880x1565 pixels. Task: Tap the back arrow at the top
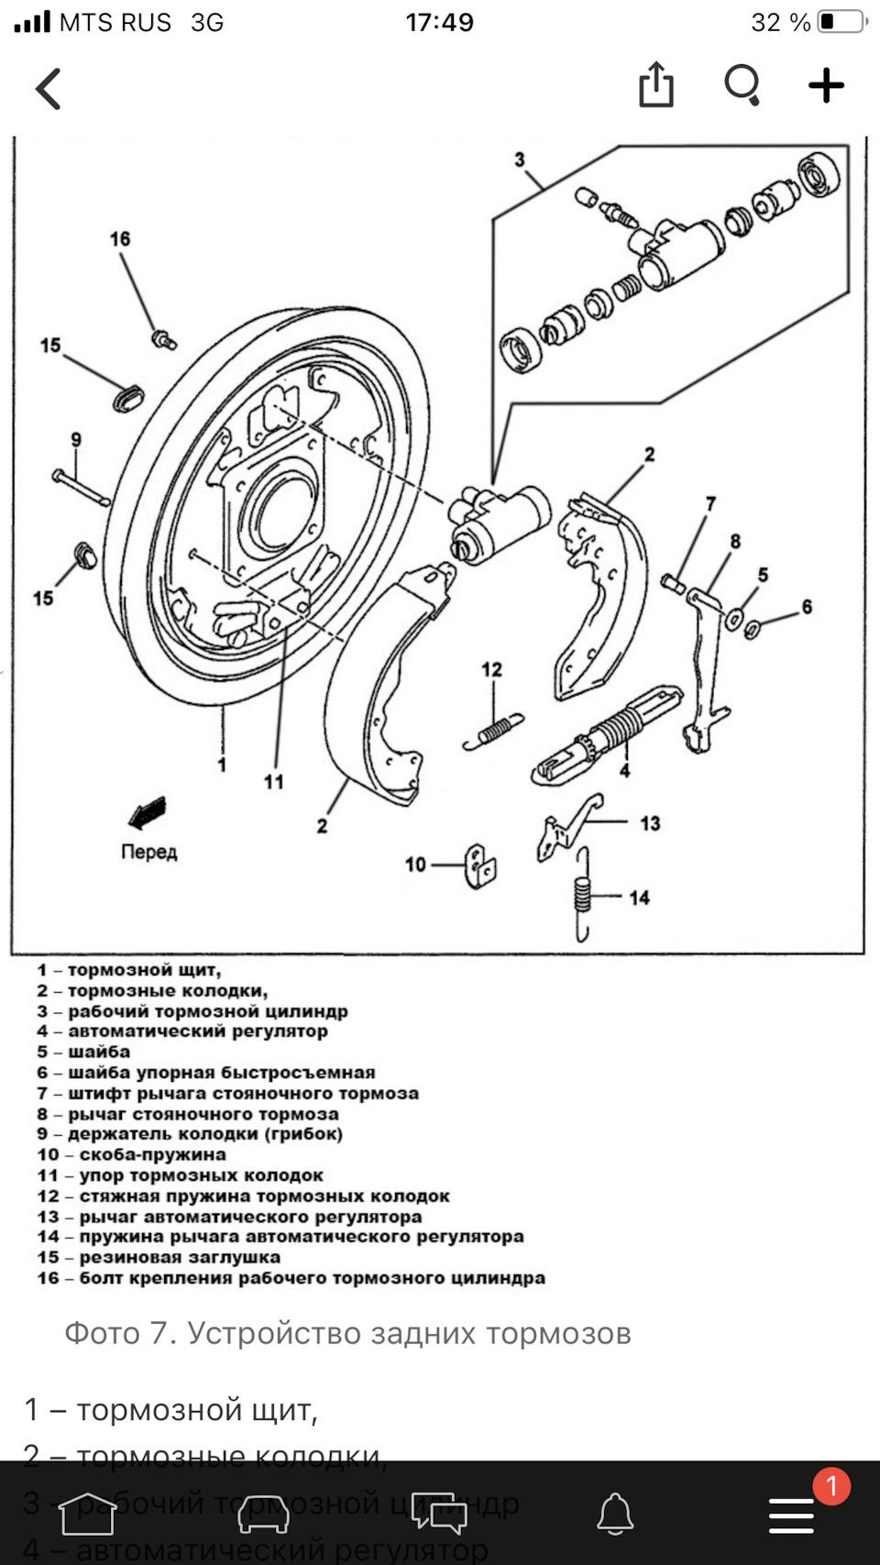tap(49, 89)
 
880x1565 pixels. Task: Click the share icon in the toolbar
tap(655, 85)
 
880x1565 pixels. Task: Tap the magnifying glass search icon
tap(742, 85)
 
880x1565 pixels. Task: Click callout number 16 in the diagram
tap(120, 239)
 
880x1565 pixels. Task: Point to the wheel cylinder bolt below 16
tap(164, 339)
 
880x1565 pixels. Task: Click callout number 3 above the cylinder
tap(520, 160)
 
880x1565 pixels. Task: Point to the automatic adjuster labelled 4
tap(605, 733)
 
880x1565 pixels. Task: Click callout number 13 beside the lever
tap(650, 823)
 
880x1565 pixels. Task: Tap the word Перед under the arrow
tap(148, 852)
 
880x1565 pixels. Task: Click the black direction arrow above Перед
tap(147, 812)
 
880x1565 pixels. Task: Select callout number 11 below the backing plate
tap(273, 782)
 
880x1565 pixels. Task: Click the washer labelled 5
tap(735, 618)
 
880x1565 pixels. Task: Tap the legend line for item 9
tap(190, 1134)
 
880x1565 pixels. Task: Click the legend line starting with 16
tap(291, 1278)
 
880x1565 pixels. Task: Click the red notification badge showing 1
tap(831, 1486)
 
